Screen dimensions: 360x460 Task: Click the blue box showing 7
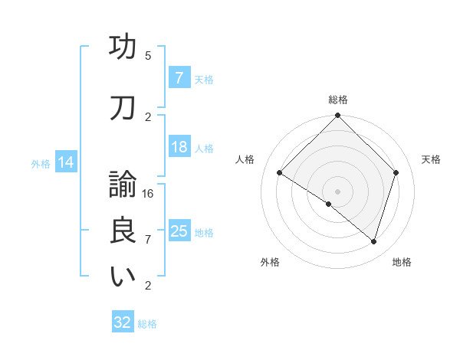click(179, 78)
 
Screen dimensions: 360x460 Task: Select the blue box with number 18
click(179, 148)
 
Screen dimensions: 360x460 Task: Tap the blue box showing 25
click(179, 231)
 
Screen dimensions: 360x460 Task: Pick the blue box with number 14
click(65, 162)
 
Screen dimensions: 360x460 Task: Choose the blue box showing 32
click(123, 322)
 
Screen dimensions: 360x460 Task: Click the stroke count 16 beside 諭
click(149, 194)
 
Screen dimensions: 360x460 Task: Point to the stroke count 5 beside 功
click(148, 56)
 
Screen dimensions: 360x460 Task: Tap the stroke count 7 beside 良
click(148, 240)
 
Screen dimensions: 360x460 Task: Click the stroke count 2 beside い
click(148, 286)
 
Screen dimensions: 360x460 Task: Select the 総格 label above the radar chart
click(337, 100)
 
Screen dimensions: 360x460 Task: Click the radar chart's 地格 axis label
click(402, 262)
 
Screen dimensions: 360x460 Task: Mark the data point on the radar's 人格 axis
click(280, 173)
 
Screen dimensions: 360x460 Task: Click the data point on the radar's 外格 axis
click(329, 204)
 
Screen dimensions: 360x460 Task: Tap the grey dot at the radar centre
click(337, 191)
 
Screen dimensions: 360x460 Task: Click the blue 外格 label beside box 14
click(41, 163)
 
